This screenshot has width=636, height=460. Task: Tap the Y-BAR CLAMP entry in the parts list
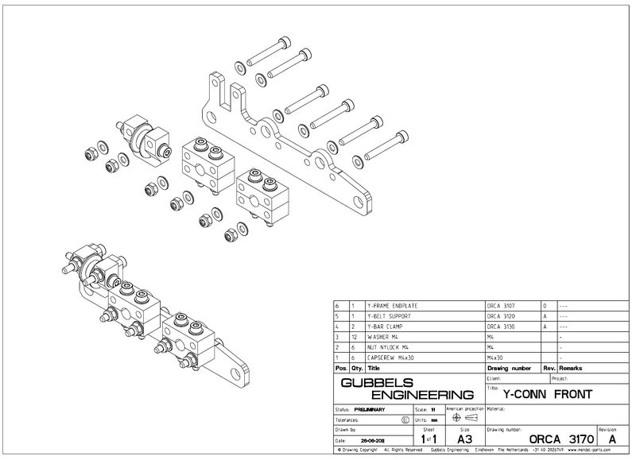click(386, 327)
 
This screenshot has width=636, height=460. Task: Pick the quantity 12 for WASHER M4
click(353, 337)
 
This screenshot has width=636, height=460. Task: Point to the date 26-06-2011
click(374, 439)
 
